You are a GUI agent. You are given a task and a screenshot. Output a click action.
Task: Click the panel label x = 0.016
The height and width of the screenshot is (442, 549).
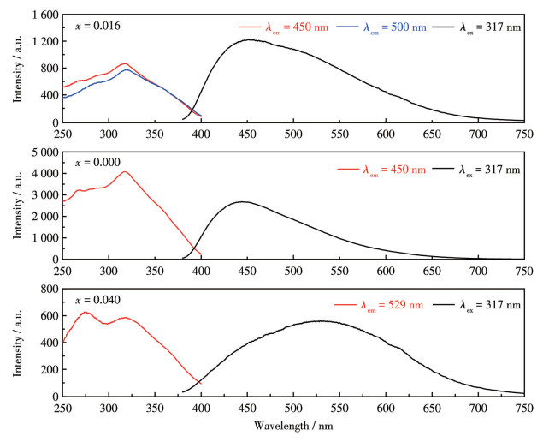(96, 27)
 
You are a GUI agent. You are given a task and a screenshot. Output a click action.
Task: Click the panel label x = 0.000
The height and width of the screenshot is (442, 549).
(96, 162)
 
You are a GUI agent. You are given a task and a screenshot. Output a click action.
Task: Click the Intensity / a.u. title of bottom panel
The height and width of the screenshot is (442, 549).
(16, 343)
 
